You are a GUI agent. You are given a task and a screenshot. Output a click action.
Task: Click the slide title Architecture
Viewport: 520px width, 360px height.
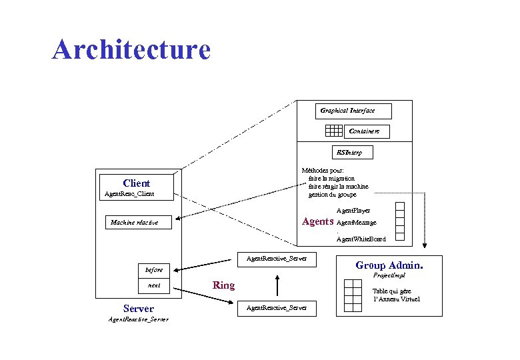[x=131, y=49]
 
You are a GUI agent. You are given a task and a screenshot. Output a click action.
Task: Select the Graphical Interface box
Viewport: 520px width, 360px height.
[x=353, y=111]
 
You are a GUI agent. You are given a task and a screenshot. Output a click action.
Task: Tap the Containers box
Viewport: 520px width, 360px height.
[x=366, y=131]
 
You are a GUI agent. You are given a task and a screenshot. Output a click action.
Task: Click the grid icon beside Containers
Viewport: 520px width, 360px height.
[x=332, y=131]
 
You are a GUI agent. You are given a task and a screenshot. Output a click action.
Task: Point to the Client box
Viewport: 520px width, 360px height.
[x=136, y=183]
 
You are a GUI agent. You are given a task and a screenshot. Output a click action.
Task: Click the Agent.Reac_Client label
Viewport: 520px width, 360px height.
[x=129, y=194]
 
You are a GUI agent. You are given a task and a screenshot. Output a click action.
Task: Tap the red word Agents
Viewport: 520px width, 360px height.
[x=318, y=222]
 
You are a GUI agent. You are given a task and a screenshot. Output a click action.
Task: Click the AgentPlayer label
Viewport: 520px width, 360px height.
[x=353, y=211]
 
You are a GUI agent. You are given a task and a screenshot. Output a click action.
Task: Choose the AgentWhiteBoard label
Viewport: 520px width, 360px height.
[x=361, y=239]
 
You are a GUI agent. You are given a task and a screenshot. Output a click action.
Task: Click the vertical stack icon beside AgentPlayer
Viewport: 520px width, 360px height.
[x=400, y=221]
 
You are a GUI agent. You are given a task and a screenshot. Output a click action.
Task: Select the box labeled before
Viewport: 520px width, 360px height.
[x=154, y=269]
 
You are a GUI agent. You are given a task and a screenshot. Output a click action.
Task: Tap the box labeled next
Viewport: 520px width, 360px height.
[x=154, y=285]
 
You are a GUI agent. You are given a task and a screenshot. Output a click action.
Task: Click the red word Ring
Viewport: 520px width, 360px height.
[x=223, y=285]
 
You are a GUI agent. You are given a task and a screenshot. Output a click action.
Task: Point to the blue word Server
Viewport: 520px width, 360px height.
[x=138, y=309]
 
